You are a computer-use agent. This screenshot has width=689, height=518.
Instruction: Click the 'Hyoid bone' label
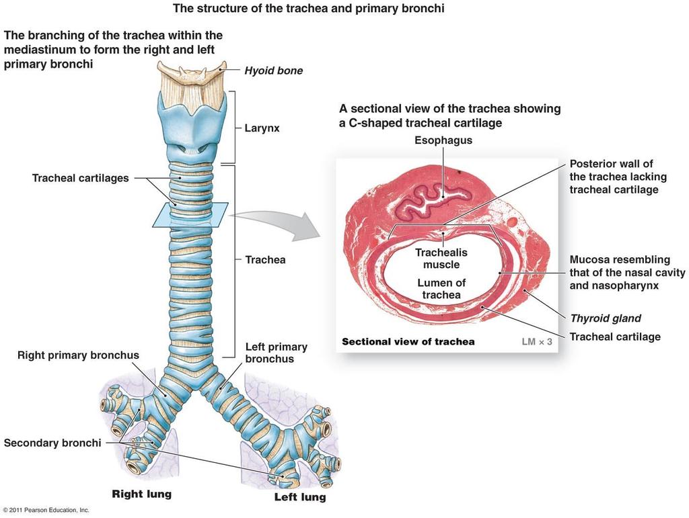273,71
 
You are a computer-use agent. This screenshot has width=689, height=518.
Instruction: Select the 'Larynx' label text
262,128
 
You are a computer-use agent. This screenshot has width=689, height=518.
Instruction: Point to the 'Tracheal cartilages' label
81,178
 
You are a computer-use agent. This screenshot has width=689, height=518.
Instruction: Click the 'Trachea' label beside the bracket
265,259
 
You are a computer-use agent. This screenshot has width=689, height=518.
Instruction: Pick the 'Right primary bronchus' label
78,355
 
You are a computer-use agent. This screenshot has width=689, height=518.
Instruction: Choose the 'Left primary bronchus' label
277,353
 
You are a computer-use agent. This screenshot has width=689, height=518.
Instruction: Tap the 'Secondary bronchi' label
52,443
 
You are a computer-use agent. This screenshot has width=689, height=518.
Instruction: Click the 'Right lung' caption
141,494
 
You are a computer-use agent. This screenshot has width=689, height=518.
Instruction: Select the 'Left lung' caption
300,497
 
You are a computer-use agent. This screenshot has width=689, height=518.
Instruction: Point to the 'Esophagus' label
443,140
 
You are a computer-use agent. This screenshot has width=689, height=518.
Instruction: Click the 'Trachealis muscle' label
441,259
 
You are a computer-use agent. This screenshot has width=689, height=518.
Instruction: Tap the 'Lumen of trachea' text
441,289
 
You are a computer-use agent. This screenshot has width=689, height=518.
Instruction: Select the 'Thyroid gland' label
606,318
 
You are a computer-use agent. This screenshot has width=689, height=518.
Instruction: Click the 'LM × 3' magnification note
536,341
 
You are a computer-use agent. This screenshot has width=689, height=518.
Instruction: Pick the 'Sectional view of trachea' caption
408,342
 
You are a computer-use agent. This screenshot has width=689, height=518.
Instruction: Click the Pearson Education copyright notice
46,510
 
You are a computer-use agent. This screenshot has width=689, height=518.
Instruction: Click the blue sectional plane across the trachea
190,214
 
